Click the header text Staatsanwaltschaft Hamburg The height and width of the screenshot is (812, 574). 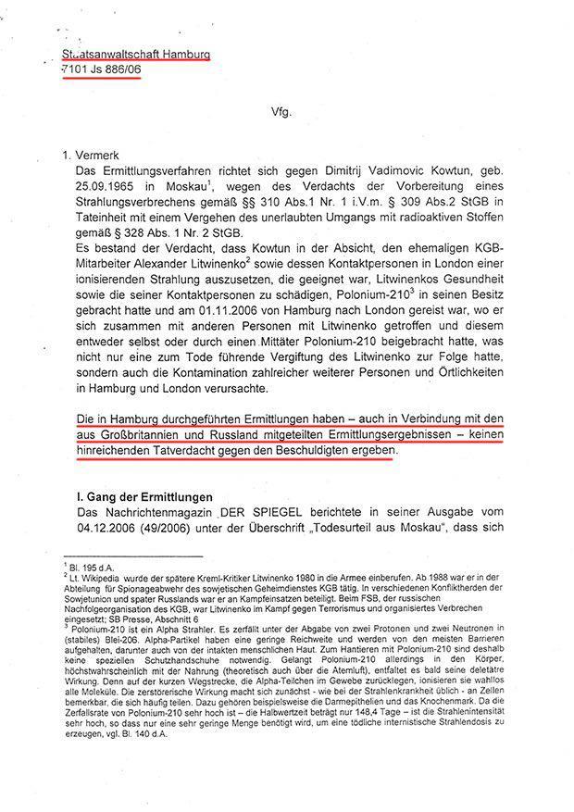tap(135, 54)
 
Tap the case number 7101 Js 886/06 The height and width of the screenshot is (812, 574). tap(101, 71)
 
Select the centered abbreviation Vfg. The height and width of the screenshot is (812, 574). tap(281, 111)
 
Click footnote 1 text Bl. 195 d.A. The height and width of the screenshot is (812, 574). tap(102, 564)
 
